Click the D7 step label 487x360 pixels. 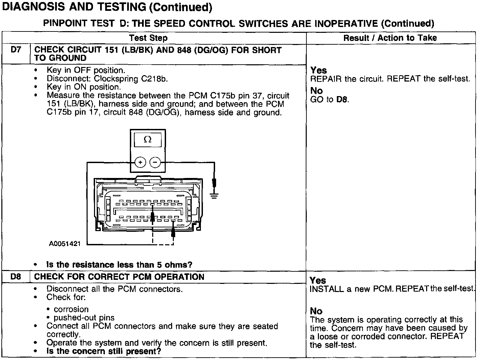[x=16, y=50]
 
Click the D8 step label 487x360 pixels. [x=16, y=277]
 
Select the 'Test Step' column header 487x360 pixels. [x=148, y=38]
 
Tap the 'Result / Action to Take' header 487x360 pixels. [x=390, y=38]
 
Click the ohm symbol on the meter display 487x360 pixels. [x=147, y=139]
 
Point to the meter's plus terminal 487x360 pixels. [x=140, y=162]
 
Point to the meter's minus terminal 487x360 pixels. [x=155, y=162]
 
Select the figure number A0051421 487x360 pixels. [x=65, y=244]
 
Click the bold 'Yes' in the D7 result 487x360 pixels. [x=319, y=70]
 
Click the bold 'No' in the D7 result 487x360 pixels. [x=317, y=91]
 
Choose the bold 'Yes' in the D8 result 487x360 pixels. [x=318, y=280]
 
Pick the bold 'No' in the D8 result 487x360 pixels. [x=316, y=311]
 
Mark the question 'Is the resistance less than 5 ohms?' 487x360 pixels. [x=119, y=265]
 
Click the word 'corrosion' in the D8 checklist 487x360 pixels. [x=71, y=309]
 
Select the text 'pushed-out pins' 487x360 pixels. [x=84, y=318]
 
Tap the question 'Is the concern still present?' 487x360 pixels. [x=103, y=351]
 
